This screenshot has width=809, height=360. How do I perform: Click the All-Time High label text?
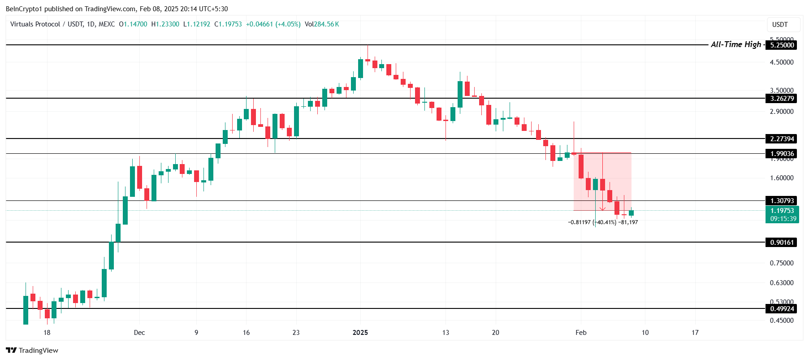click(735, 44)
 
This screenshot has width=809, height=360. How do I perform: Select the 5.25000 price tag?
click(782, 45)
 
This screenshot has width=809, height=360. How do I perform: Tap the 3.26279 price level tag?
click(782, 99)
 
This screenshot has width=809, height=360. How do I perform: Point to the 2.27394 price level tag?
click(782, 139)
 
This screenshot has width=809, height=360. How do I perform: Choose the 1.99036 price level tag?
click(782, 154)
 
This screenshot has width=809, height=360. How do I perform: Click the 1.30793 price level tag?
click(782, 201)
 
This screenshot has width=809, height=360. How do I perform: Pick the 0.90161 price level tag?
click(782, 243)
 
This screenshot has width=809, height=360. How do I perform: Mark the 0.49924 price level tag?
click(782, 308)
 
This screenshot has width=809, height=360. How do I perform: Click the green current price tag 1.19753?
click(782, 211)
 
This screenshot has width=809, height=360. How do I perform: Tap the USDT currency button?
click(780, 25)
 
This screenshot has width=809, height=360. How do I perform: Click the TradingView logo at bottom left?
click(32, 350)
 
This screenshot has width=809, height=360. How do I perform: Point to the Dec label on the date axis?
click(139, 333)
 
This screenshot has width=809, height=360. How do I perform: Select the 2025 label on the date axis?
click(360, 333)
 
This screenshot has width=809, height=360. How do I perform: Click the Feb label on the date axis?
click(581, 333)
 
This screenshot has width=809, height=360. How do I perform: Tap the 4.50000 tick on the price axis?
click(782, 62)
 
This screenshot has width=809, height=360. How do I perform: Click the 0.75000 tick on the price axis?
click(782, 263)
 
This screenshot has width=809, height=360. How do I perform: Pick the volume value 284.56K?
click(326, 24)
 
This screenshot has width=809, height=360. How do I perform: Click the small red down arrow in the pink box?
click(603, 208)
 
